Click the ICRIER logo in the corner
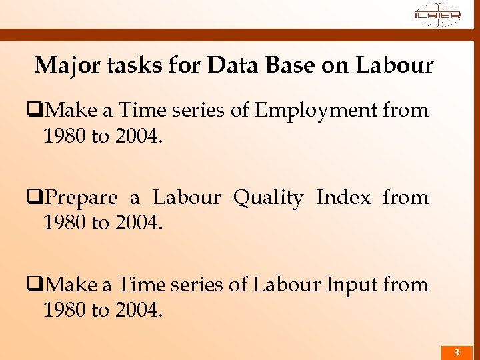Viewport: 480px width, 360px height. pos(437,14)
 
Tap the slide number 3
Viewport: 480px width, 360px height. pos(457,351)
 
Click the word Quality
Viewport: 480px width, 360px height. pos(267,197)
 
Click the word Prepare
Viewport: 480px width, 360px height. pos(82,197)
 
